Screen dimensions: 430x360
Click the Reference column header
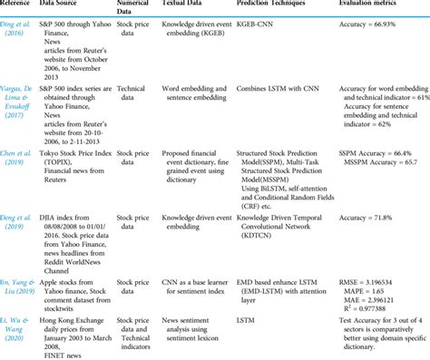[x=21, y=5]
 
